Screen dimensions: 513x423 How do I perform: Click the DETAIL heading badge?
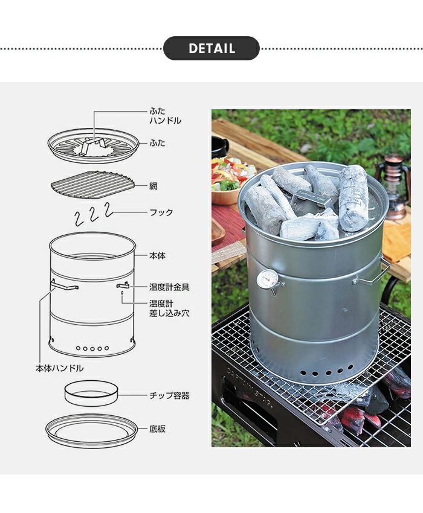[x=211, y=48]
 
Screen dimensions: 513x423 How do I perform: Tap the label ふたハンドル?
[x=165, y=116]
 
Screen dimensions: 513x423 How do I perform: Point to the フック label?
[x=161, y=212]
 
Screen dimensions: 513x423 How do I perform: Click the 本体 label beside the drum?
[x=157, y=256]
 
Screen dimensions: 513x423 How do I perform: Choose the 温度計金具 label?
[x=170, y=287]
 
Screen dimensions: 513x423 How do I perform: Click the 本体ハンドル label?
[x=59, y=368]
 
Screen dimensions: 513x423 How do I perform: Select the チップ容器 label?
[x=169, y=396]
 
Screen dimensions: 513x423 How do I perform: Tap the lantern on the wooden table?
[x=395, y=187]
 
